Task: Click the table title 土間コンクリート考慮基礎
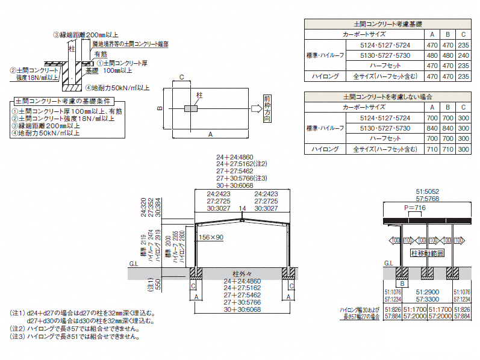(388, 24)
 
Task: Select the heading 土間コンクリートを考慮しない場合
(388, 96)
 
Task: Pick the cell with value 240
(463, 55)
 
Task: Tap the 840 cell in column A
(431, 128)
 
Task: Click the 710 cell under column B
(447, 149)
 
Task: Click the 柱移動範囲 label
(428, 253)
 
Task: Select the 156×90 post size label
(211, 237)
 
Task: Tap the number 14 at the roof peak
(242, 208)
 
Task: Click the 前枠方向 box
(267, 108)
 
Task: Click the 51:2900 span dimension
(428, 291)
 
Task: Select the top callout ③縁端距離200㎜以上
(86, 36)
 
